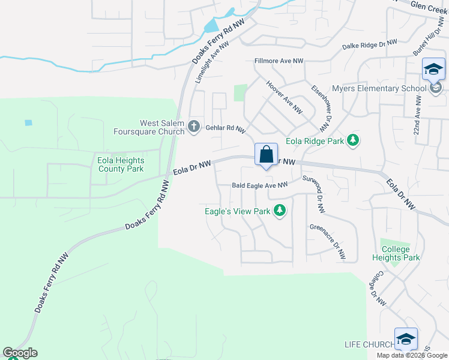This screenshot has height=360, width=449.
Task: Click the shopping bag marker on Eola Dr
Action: tap(266, 154)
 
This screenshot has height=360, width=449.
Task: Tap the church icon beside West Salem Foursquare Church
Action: tap(193, 126)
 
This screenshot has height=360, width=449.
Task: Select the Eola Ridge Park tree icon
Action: tap(354, 141)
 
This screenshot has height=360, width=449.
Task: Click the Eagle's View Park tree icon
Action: tap(279, 211)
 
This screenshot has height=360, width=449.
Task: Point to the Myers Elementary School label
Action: tap(379, 89)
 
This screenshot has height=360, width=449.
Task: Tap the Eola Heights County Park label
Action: tap(121, 164)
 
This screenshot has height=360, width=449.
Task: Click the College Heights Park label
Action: tap(395, 253)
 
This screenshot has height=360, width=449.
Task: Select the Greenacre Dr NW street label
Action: tap(328, 242)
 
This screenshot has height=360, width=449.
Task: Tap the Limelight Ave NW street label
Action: tap(212, 62)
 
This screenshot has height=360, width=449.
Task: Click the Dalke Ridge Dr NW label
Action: tap(370, 45)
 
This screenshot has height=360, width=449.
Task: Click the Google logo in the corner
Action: tap(20, 353)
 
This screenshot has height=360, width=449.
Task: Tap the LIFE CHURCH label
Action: tap(369, 344)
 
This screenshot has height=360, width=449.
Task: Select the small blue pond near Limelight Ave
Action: tap(212, 26)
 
